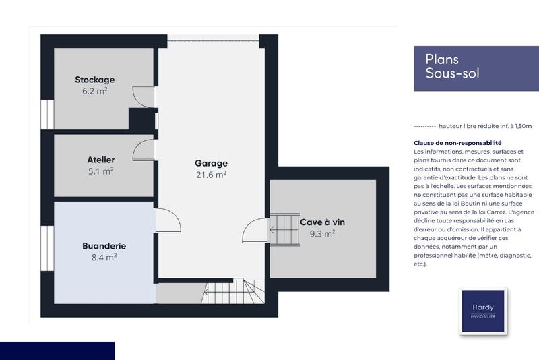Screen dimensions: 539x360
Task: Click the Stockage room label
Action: coord(95,80)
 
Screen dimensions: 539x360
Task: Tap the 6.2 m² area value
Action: coord(94,91)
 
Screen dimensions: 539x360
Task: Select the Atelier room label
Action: coord(100,160)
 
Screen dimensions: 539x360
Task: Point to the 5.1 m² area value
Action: coord(100,171)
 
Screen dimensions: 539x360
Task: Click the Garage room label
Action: coord(211,163)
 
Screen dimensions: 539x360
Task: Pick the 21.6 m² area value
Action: coord(211,175)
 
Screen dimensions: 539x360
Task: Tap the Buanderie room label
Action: coord(104,246)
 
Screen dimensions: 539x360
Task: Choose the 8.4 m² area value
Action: coord(104,258)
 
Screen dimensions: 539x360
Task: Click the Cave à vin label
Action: coord(322,222)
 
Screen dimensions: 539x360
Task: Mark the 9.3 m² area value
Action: coord(322,234)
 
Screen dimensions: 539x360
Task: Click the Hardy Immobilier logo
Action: coord(483,311)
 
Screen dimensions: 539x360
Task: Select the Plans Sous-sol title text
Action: coord(452,66)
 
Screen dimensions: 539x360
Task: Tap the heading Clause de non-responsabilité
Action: coord(457,143)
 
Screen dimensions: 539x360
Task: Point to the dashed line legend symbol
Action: coord(424,127)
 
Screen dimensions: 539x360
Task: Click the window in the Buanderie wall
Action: coord(47,248)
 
